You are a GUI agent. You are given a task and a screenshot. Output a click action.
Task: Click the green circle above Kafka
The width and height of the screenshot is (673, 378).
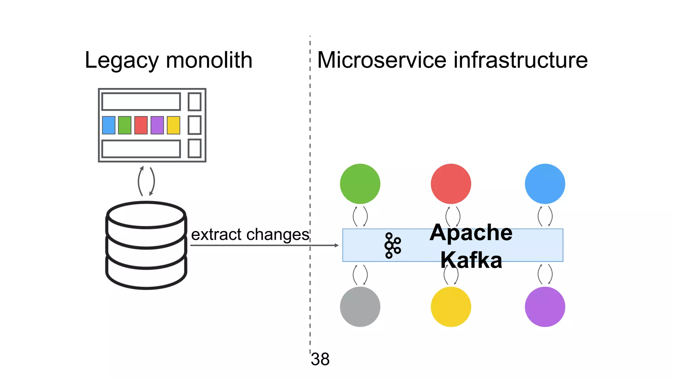pos(360,184)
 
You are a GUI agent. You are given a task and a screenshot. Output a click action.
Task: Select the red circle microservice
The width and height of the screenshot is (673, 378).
pos(451,184)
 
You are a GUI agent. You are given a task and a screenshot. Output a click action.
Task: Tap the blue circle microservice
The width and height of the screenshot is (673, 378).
pos(545,184)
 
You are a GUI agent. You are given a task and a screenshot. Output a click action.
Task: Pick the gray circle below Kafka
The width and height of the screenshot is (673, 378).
pos(360,307)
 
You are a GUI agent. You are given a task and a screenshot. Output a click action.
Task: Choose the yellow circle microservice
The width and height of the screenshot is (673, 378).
pos(451,307)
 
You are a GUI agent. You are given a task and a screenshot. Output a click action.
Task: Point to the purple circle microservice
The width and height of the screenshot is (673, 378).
pos(545,307)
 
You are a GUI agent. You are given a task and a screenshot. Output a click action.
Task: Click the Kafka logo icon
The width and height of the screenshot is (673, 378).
pos(392,245)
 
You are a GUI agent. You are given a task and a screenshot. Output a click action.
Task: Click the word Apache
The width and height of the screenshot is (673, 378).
pos(471,233)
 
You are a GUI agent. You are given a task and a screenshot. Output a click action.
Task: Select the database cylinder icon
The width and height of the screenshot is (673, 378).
pos(146,245)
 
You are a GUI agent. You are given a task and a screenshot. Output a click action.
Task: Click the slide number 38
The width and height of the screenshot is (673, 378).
pos(320,359)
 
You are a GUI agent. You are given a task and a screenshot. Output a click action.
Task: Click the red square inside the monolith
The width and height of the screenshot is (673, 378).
pos(141,125)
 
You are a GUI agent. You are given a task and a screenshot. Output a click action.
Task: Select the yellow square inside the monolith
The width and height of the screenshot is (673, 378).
pos(174,125)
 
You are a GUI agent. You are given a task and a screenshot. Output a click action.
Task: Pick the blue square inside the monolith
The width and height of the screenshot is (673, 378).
pos(109,125)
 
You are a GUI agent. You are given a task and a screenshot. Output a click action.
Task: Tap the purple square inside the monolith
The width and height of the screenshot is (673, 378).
pos(157,125)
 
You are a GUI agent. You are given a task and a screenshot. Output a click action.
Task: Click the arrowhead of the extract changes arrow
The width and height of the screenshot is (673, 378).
pos(336,245)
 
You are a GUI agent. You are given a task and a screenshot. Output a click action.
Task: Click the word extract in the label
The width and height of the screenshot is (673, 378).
pos(217,235)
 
